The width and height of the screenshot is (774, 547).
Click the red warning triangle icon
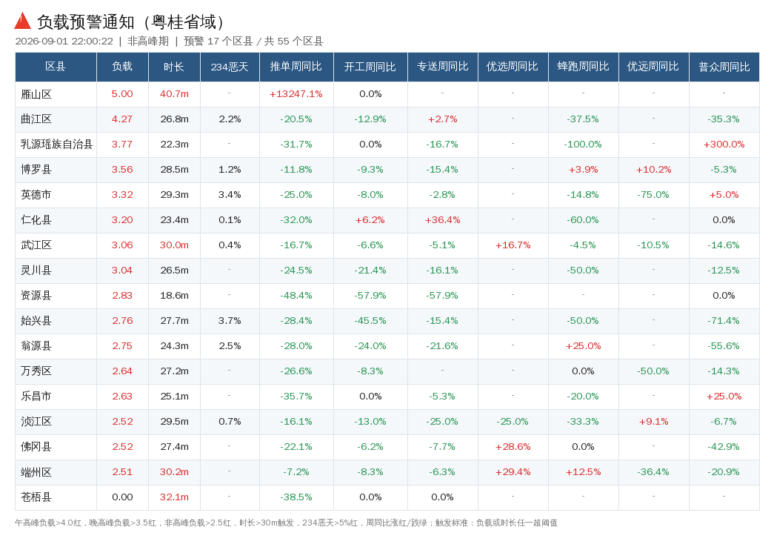(x=23, y=21)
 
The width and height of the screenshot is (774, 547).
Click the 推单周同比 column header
(x=296, y=67)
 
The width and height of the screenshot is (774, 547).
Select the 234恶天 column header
(x=230, y=67)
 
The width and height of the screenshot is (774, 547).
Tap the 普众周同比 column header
(x=724, y=67)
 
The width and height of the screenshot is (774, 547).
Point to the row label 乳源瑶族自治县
(x=57, y=145)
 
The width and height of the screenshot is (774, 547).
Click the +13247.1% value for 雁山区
(x=296, y=94)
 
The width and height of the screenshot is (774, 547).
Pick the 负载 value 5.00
(x=122, y=94)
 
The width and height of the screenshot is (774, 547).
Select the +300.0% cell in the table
(x=724, y=145)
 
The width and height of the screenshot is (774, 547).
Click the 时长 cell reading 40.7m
(x=174, y=94)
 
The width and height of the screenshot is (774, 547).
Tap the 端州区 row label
(x=36, y=472)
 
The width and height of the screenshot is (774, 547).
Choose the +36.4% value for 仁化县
(x=443, y=220)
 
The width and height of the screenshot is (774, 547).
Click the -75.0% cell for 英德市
(x=653, y=195)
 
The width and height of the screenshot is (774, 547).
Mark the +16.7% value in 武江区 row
(x=513, y=245)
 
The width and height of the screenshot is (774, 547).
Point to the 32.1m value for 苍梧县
(x=174, y=497)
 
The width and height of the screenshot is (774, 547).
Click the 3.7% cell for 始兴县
(x=230, y=321)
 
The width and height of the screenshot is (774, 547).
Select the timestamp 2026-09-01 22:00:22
(x=64, y=41)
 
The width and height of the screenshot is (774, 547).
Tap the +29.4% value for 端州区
(x=513, y=472)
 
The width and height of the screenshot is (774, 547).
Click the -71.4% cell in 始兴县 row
(x=724, y=321)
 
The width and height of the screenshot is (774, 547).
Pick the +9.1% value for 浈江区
(x=653, y=422)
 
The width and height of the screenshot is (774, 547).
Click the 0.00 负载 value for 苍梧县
(x=122, y=497)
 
